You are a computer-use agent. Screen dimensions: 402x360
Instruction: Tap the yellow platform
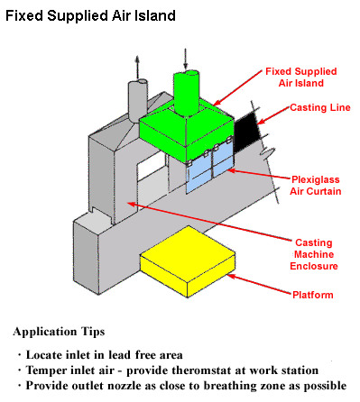187,262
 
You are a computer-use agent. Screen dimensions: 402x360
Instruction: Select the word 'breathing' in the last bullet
243,385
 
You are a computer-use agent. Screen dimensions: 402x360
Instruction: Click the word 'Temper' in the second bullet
50,370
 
